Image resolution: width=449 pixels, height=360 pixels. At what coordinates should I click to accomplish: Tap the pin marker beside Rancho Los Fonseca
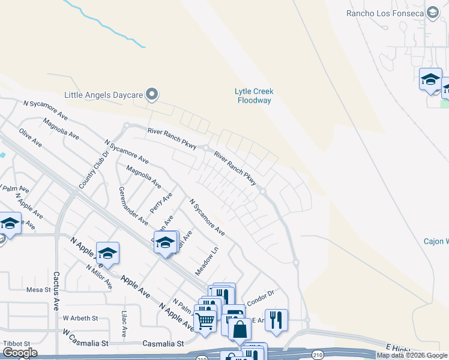(x=432, y=13)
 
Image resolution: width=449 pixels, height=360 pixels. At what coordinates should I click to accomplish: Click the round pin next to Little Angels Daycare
(x=152, y=94)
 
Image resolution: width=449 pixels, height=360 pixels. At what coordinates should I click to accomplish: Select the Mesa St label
(x=38, y=290)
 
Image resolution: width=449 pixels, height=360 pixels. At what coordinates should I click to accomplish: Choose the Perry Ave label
(x=162, y=202)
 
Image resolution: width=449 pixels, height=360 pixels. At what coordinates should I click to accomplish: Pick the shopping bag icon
(x=240, y=329)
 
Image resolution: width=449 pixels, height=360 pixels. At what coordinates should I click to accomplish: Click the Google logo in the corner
(x=19, y=353)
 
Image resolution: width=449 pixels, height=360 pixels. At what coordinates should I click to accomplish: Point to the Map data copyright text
(x=412, y=355)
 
